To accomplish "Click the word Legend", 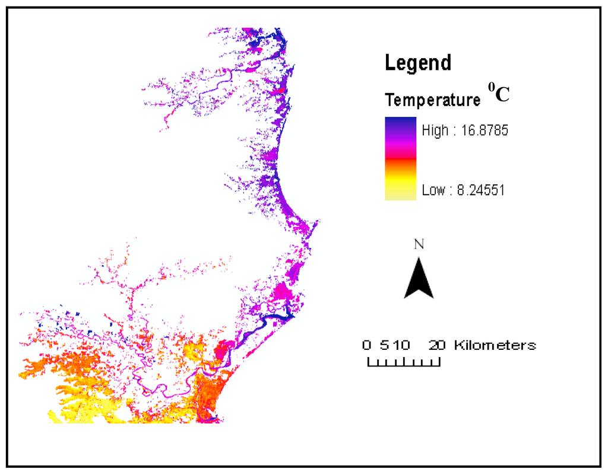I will tap(418, 62).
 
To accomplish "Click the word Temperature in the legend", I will tap(433, 100).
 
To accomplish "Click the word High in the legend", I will tap(435, 130).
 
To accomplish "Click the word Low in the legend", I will tap(433, 190).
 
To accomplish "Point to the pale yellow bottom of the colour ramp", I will tap(400, 195).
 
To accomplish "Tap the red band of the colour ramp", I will tap(400, 159).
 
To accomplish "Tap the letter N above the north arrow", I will tap(419, 244).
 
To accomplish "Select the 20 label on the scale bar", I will tap(438, 345).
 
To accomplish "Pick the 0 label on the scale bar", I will tap(367, 345).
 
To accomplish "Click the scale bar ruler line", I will tap(404, 364).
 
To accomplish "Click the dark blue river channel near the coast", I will tap(270, 320).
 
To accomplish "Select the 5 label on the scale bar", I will tap(379, 345).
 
